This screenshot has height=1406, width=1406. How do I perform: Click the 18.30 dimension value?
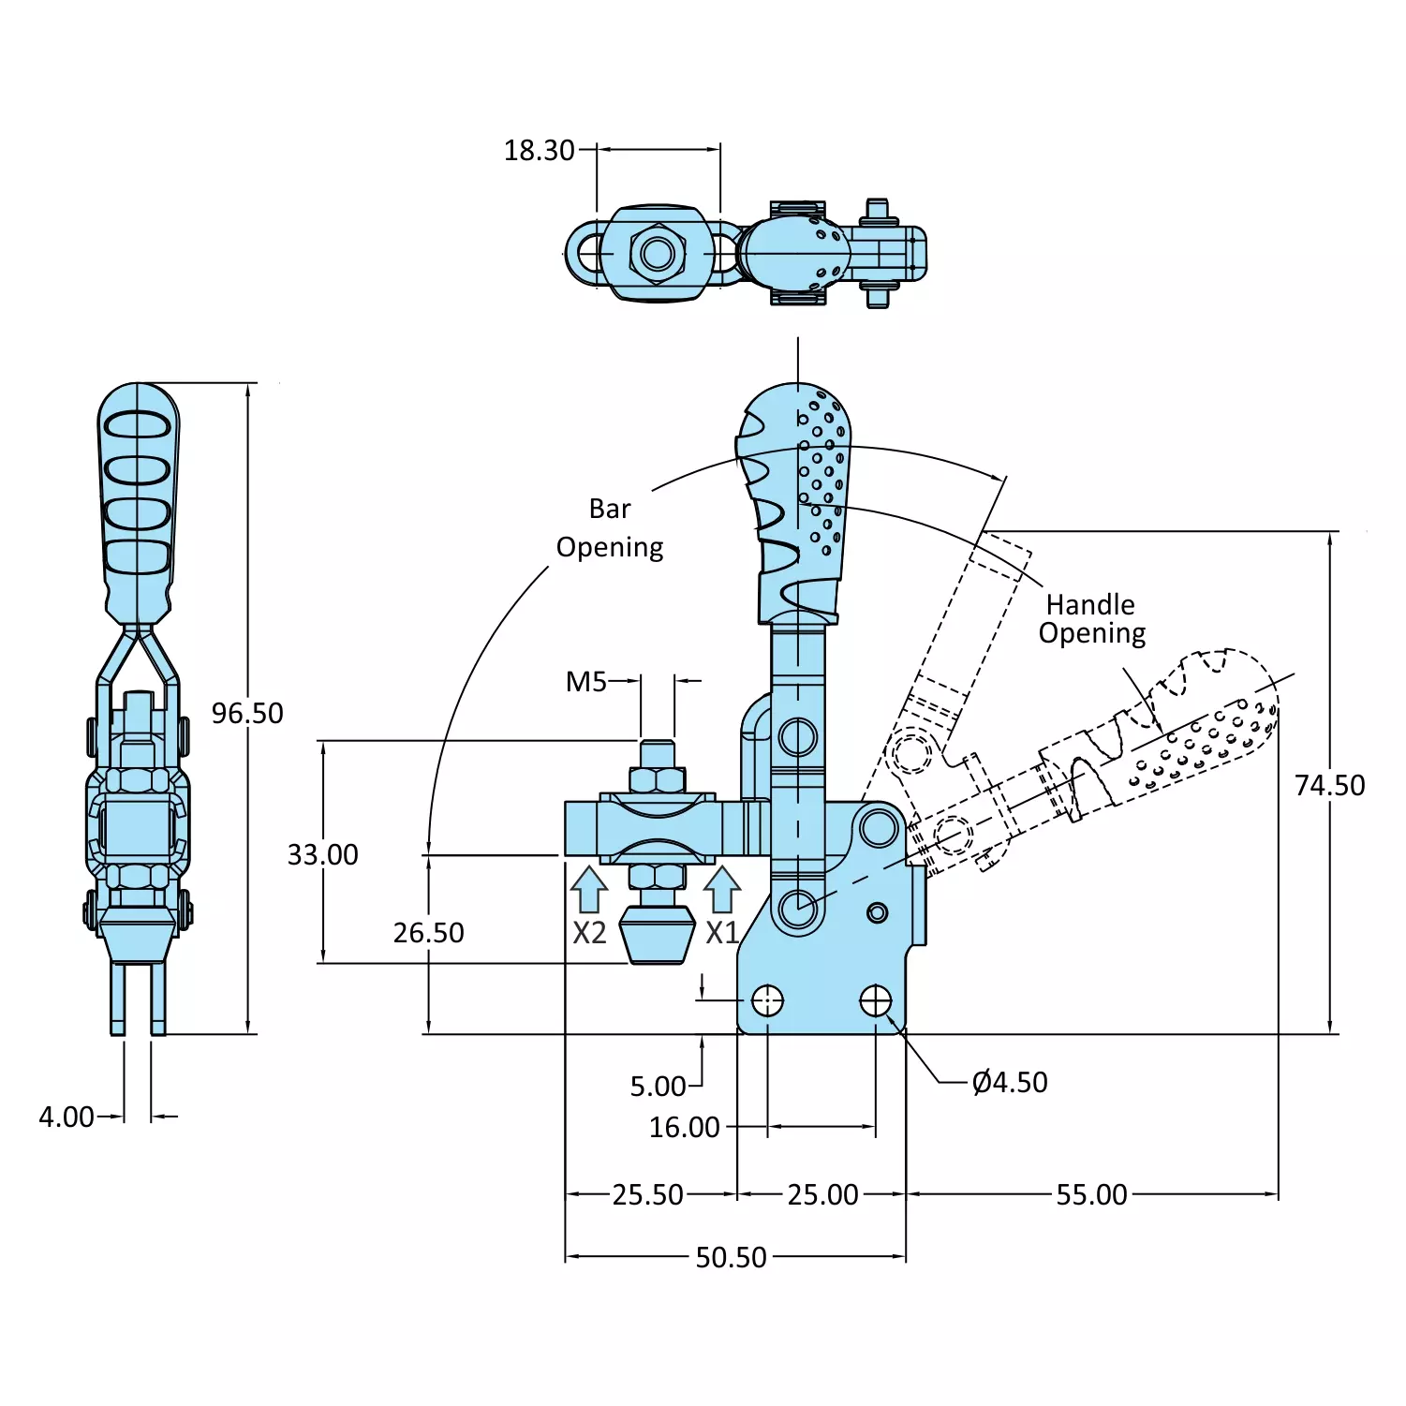click(539, 151)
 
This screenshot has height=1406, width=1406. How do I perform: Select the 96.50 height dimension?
click(246, 714)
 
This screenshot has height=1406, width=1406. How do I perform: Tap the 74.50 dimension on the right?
click(1329, 786)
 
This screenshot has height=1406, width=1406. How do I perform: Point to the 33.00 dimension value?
click(322, 855)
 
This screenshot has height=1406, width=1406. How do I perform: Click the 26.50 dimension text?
click(428, 933)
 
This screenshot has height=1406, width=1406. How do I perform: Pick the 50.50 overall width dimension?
click(731, 1257)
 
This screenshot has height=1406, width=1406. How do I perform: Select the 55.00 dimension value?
click(1091, 1195)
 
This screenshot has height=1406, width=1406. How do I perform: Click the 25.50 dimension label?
click(647, 1195)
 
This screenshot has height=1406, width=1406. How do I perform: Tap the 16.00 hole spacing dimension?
click(684, 1128)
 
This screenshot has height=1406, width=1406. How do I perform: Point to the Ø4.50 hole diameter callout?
click(1010, 1083)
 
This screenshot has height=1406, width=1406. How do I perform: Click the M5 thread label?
click(586, 682)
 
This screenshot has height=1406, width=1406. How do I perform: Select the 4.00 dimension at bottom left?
click(66, 1117)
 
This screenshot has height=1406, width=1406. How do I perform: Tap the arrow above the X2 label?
click(589, 890)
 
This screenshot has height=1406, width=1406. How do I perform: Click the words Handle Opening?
click(1091, 619)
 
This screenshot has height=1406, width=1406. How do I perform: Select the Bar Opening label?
click(610, 528)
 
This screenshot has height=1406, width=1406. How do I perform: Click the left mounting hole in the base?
click(768, 1000)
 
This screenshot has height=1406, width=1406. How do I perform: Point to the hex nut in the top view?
click(657, 253)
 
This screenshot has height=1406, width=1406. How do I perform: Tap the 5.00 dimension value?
click(658, 1087)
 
